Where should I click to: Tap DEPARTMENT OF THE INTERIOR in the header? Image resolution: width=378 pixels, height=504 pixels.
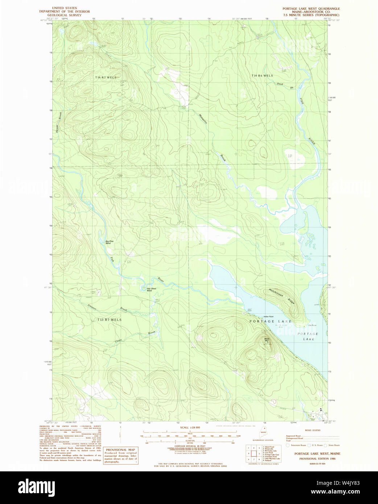click(x=65, y=12)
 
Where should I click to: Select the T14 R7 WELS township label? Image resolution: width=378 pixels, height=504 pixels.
click(x=106, y=78)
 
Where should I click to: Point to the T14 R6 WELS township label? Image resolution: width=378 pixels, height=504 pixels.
click(x=262, y=76)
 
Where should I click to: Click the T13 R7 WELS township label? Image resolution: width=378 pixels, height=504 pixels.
click(x=109, y=320)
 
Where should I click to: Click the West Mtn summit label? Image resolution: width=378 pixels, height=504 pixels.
click(x=267, y=339)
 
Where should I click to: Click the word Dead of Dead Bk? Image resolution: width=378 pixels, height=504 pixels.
click(x=280, y=84)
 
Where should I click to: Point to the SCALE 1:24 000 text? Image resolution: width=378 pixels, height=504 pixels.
click(x=190, y=428)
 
